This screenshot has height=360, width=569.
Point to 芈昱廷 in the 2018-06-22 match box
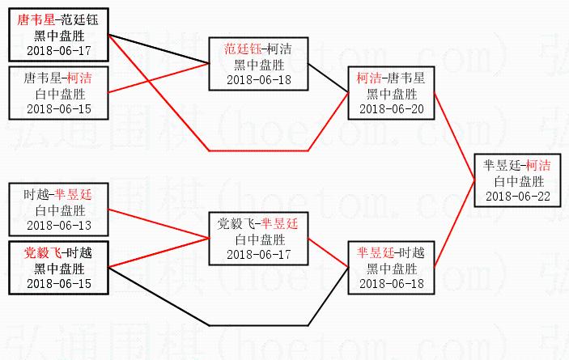[501, 165]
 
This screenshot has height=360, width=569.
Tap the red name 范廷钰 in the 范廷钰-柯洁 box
[240, 49]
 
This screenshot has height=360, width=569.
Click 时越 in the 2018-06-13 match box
[36, 194]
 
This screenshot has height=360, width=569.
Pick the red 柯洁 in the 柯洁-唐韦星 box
[369, 78]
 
